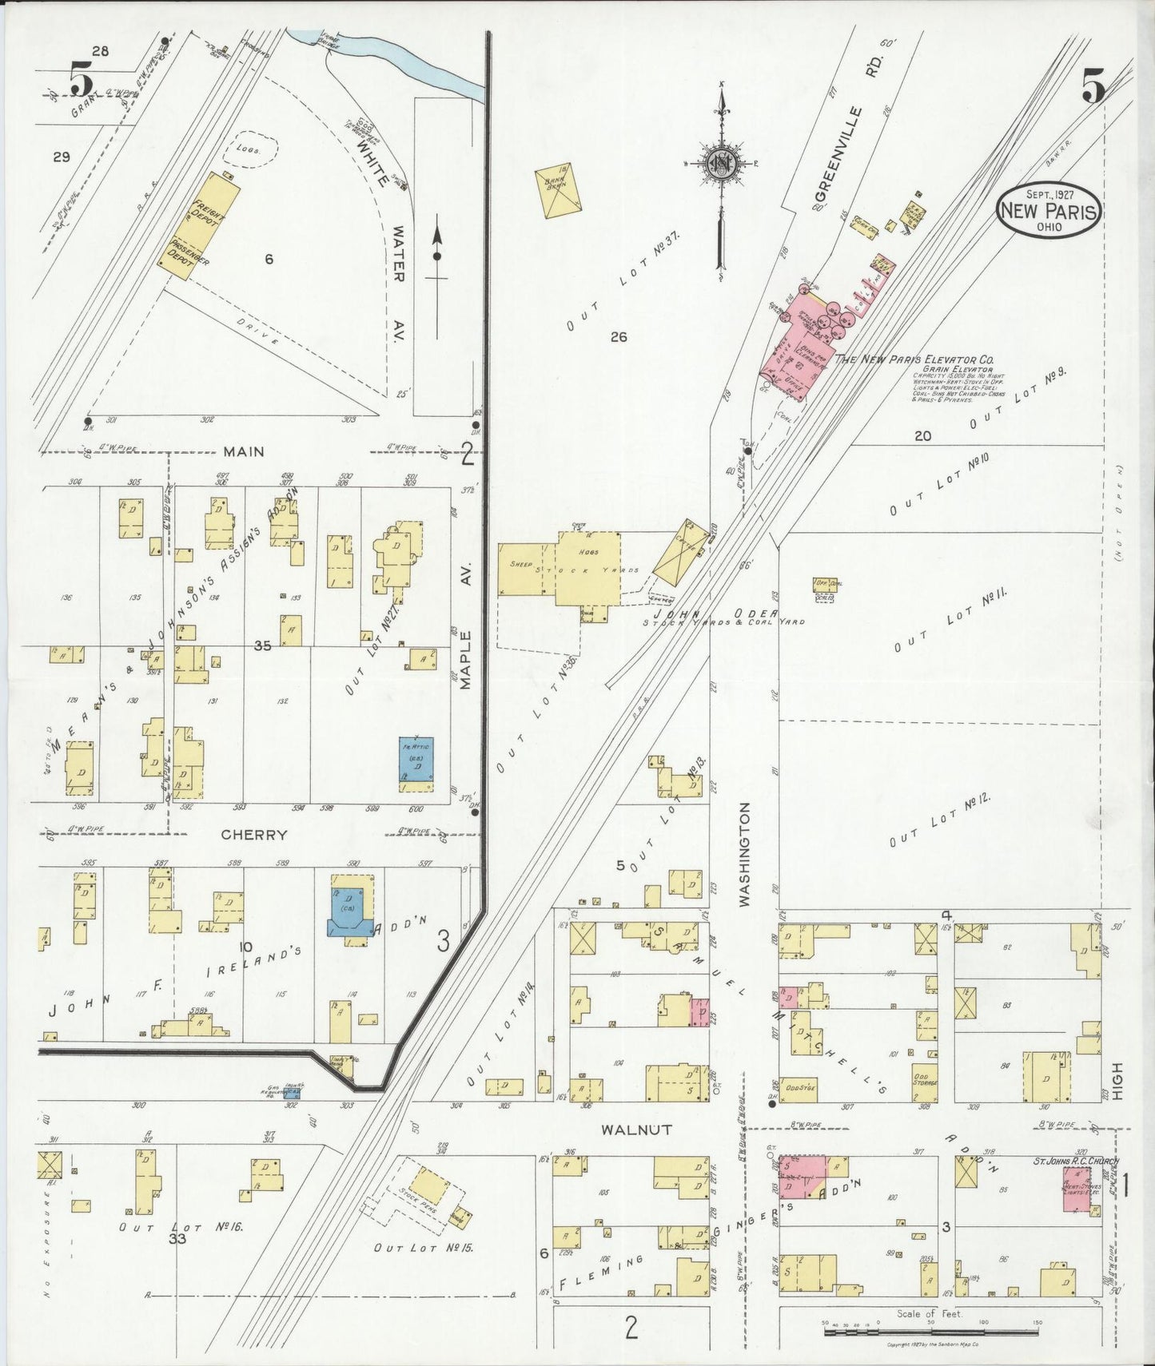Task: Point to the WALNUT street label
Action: coord(637,1130)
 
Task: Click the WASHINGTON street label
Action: coord(744,855)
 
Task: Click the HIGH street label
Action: coord(1117,1082)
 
